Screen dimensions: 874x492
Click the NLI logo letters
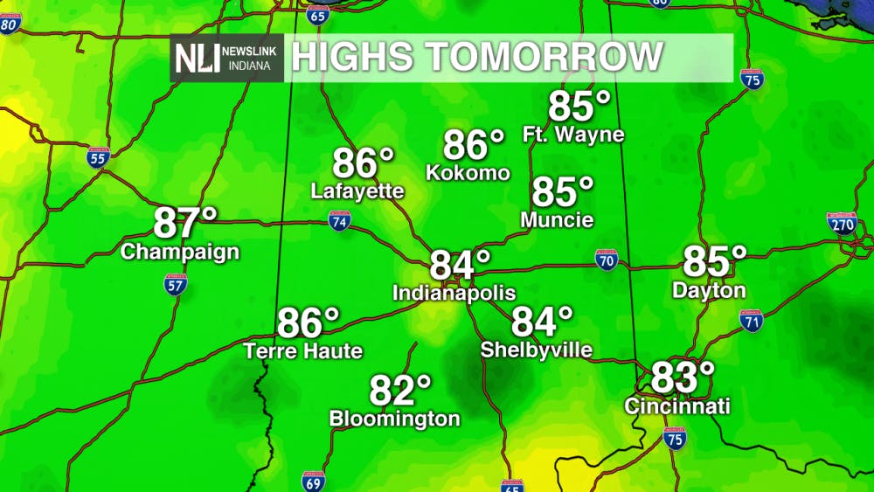pyautogui.click(x=197, y=59)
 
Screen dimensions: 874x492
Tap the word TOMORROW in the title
pyautogui.click(x=545, y=58)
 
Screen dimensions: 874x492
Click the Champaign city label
pyautogui.click(x=180, y=253)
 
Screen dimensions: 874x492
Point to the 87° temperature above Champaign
pyautogui.click(x=184, y=224)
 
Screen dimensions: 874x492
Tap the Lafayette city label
pyautogui.click(x=357, y=191)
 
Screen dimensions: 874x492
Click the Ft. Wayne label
pyautogui.click(x=573, y=135)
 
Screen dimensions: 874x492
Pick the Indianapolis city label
pyautogui.click(x=454, y=293)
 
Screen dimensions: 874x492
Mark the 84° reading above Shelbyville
pyautogui.click(x=542, y=322)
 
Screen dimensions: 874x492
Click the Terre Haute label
pyautogui.click(x=302, y=351)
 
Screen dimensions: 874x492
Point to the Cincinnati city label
pyautogui.click(x=676, y=406)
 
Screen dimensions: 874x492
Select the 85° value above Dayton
pyautogui.click(x=714, y=261)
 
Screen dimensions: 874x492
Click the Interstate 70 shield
pyautogui.click(x=607, y=259)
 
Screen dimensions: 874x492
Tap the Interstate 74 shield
pyautogui.click(x=340, y=220)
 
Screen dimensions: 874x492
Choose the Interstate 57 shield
pyautogui.click(x=176, y=283)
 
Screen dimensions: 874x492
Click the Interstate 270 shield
pyautogui.click(x=842, y=222)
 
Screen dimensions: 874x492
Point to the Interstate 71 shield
pyautogui.click(x=751, y=320)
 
